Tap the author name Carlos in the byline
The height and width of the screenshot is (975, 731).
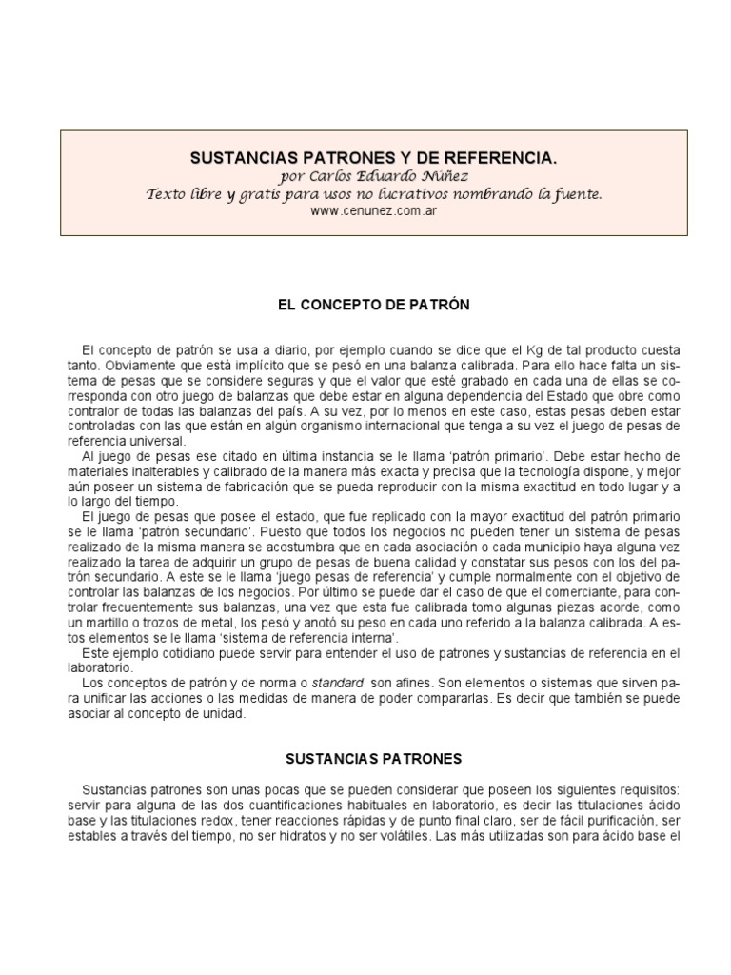point(328,176)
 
